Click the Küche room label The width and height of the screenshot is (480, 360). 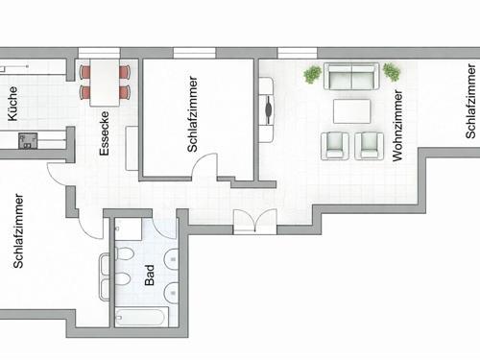(x=12, y=104)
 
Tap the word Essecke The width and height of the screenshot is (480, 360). (x=105, y=133)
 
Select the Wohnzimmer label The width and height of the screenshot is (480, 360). (x=396, y=126)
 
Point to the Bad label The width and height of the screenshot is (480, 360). (x=150, y=275)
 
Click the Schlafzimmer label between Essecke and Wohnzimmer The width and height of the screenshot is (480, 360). (x=192, y=114)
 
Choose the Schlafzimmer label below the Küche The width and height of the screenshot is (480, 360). (x=18, y=230)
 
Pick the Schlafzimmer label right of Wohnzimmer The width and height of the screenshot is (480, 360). (x=470, y=101)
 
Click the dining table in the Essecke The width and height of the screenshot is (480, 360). (x=105, y=83)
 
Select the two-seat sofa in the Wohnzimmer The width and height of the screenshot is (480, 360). (x=351, y=76)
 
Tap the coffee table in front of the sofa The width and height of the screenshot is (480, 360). (x=352, y=111)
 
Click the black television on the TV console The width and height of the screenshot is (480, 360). (x=270, y=110)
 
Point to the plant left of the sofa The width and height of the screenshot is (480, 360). (x=312, y=74)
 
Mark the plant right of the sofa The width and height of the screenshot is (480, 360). (x=392, y=72)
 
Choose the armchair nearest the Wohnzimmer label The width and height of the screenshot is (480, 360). (x=369, y=146)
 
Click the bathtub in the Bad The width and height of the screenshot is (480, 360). (x=141, y=317)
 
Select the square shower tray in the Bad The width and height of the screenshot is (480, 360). (x=129, y=229)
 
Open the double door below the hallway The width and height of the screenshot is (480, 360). (x=255, y=221)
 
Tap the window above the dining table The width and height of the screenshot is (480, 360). (x=99, y=53)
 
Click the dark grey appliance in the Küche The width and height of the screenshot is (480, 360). (x=28, y=141)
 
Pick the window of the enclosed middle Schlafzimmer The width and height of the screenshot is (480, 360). (x=194, y=53)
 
